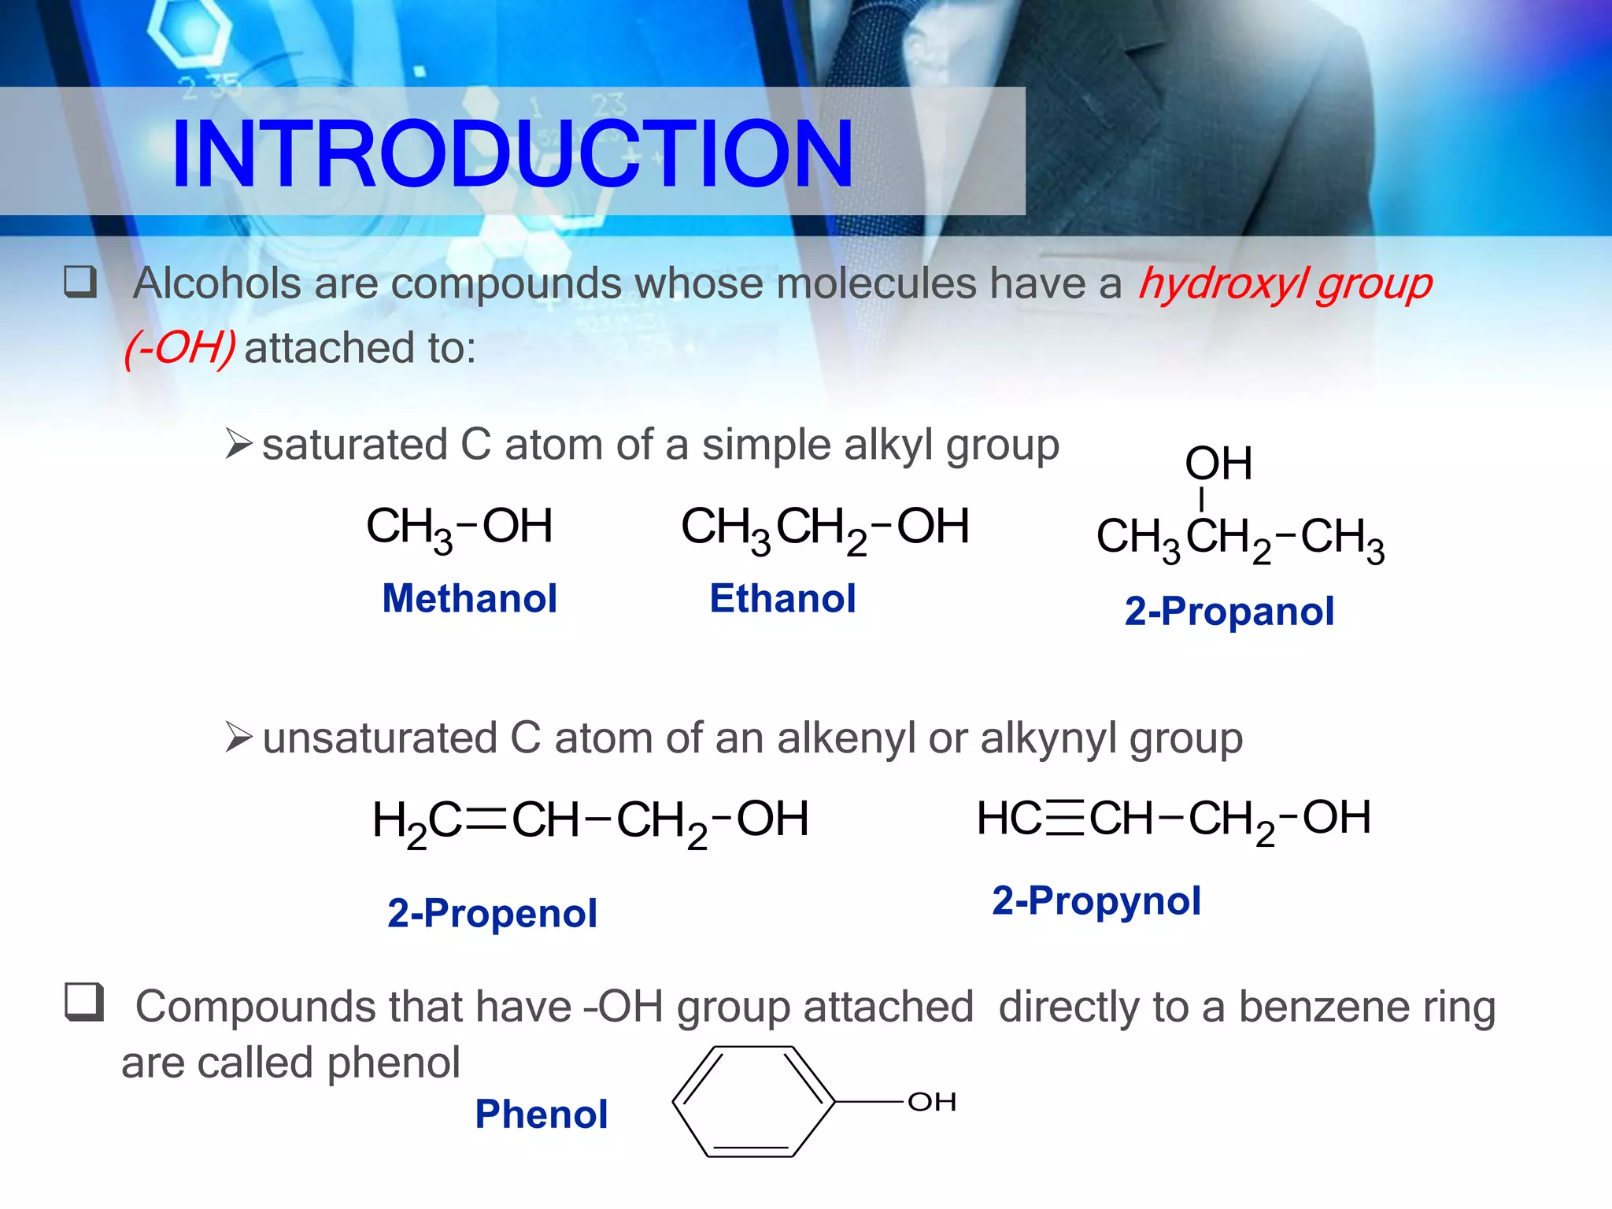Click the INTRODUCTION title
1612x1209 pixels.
pyautogui.click(x=512, y=153)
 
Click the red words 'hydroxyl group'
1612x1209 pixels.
pyautogui.click(x=1285, y=284)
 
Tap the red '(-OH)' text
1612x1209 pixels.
pyautogui.click(x=180, y=348)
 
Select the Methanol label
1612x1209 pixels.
pyautogui.click(x=469, y=598)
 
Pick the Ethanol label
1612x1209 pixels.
pyautogui.click(x=782, y=598)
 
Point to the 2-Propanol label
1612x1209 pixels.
pyautogui.click(x=1229, y=611)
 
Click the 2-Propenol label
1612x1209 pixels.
pyautogui.click(x=492, y=913)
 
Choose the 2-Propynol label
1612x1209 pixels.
pyautogui.click(x=1096, y=900)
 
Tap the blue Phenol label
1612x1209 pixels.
pyautogui.click(x=541, y=1114)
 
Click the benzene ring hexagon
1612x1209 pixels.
pyautogui.click(x=752, y=1102)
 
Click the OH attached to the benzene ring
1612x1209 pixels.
pyautogui.click(x=932, y=1102)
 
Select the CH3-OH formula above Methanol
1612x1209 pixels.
pyautogui.click(x=460, y=527)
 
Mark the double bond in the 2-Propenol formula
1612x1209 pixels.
pyautogui.click(x=486, y=819)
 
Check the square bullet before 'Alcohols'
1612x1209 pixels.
pyautogui.click(x=80, y=282)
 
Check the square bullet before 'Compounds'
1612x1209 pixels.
pyautogui.click(x=84, y=1002)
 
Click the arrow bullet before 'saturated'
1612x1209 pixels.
pyautogui.click(x=238, y=444)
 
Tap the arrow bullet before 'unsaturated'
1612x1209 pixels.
pyautogui.click(x=238, y=738)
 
